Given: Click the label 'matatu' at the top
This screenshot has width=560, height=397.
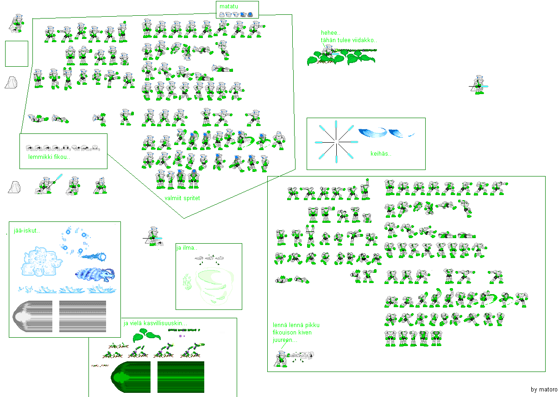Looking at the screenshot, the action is tap(228, 6).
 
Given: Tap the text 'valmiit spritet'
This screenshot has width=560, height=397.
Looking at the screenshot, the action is tap(182, 198).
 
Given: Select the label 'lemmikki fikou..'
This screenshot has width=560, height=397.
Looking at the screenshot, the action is tap(49, 157).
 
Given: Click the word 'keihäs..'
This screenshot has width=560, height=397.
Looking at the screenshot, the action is tap(381, 153).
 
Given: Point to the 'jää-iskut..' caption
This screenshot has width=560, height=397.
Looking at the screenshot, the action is tap(27, 230).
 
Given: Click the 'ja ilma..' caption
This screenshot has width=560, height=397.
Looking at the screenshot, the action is tap(187, 247).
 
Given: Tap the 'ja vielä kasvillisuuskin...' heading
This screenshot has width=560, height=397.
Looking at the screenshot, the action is tap(155, 323).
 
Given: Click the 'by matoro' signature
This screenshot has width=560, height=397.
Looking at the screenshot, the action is tap(544, 389).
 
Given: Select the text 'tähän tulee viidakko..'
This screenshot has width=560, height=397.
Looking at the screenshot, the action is tap(349, 40).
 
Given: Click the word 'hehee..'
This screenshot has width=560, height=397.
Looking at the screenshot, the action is tap(331, 33).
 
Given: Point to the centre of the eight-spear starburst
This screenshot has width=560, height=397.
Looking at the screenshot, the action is tap(336, 142).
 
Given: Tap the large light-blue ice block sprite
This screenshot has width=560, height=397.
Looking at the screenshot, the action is tap(41, 261).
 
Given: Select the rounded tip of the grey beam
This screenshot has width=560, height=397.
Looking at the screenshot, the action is tap(14, 316).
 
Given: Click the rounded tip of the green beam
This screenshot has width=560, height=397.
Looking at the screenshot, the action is tap(112, 377).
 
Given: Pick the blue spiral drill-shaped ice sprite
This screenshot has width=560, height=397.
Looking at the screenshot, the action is tap(95, 275).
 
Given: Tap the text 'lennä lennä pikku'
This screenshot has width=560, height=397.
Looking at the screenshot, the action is tap(296, 325).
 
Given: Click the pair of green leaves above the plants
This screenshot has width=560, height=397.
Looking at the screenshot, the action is tap(146, 335).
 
